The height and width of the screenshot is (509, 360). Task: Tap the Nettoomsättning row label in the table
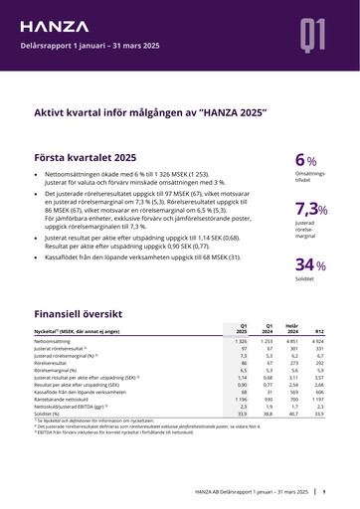click(57, 341)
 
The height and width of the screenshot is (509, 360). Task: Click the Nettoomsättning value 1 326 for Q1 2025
click(240, 341)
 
